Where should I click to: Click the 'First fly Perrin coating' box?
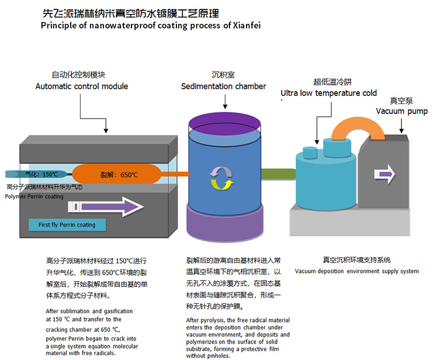(x=67, y=224)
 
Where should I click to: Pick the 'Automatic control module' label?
(x=82, y=86)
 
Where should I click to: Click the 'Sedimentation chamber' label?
(x=223, y=86)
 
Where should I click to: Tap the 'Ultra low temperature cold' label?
(x=328, y=93)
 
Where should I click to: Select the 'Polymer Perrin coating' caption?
(x=34, y=196)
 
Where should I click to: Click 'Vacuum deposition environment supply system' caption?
(x=356, y=271)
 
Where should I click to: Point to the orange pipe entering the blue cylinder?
(x=179, y=174)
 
